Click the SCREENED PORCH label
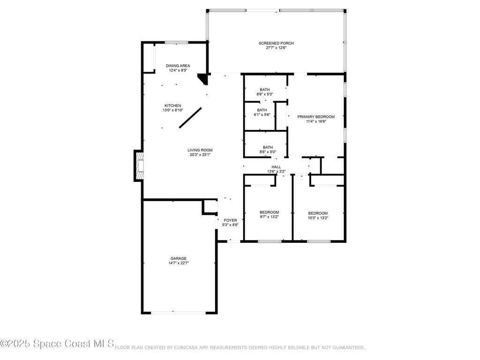[276, 43]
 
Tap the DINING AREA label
[178, 66]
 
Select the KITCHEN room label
[172, 106]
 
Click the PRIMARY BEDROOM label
[315, 117]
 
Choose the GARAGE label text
[178, 258]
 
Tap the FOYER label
[230, 220]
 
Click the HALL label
[276, 167]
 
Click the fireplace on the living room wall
[139, 165]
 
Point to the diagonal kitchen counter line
[190, 118]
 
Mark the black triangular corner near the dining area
[203, 78]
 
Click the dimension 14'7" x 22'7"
[178, 263]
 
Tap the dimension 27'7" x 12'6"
[276, 48]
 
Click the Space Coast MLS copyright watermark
[57, 344]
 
